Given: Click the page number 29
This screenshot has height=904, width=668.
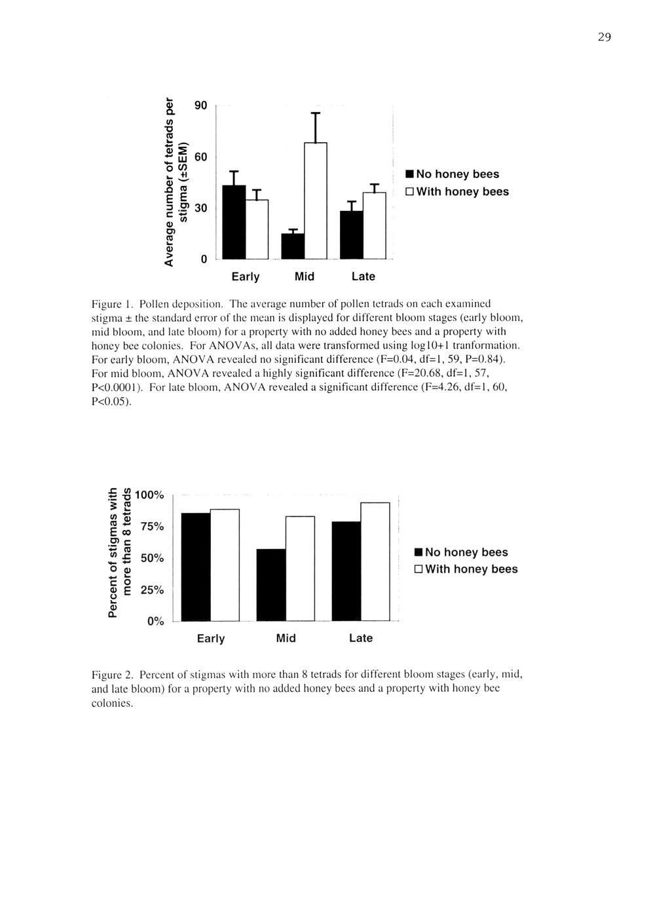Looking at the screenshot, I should (x=604, y=37).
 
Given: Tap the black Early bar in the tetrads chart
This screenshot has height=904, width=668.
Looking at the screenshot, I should (x=234, y=222).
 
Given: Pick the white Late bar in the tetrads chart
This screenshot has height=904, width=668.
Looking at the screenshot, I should (x=374, y=225).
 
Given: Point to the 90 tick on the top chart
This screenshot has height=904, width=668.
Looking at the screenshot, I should (x=201, y=105).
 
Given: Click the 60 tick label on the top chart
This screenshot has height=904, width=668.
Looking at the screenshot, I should (x=201, y=157).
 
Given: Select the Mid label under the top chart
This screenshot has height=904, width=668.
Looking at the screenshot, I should (x=305, y=276).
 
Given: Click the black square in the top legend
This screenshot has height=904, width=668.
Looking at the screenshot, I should (x=409, y=174).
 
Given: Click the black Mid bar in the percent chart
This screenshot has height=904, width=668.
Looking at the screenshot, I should (x=271, y=584).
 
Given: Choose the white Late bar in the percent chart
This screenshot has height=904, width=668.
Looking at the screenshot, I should (x=375, y=561).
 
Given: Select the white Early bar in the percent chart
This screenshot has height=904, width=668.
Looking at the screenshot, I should (x=225, y=565).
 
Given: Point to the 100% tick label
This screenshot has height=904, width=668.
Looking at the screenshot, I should (x=151, y=495).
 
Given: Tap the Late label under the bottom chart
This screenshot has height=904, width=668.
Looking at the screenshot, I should (x=361, y=638).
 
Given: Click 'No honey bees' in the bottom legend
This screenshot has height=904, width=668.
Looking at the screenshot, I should (x=466, y=552).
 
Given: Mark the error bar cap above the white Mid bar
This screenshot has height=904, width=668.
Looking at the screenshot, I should (x=315, y=113).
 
